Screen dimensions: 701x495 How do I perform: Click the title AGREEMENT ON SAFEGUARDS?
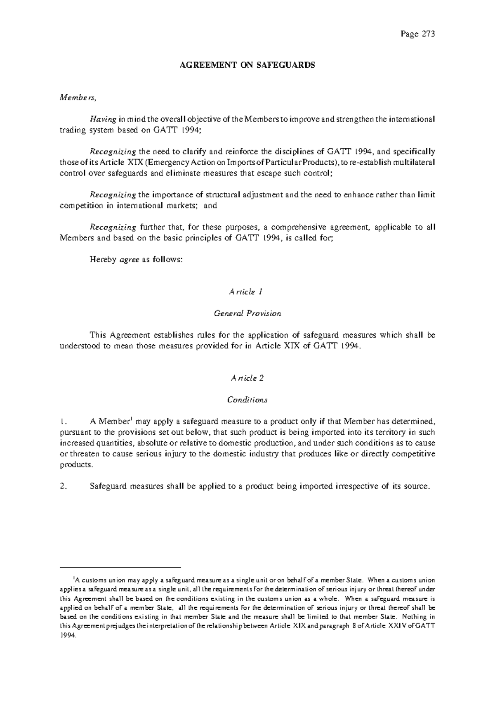(247, 65)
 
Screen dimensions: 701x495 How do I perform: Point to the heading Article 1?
(246, 292)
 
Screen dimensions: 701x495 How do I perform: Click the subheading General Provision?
(247, 313)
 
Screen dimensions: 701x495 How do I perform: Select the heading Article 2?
(247, 378)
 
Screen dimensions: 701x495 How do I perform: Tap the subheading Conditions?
(247, 400)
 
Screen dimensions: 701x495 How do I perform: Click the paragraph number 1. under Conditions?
(63, 422)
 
